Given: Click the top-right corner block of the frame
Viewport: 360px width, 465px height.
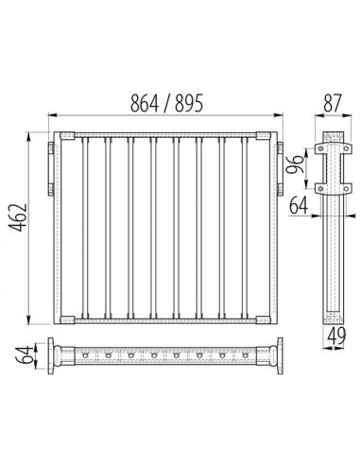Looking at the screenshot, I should click(267, 139).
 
